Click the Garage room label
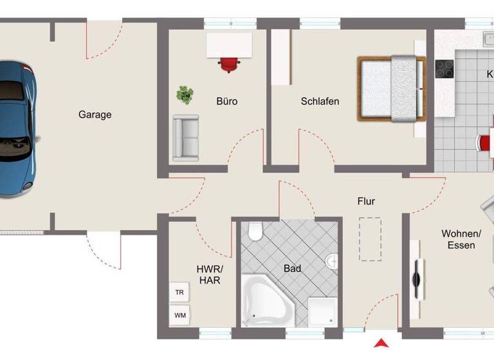pyautogui.click(x=95, y=115)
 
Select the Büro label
pyautogui.click(x=226, y=102)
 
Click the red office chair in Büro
pyautogui.click(x=229, y=64)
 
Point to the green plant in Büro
pyautogui.click(x=185, y=95)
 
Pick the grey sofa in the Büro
pyautogui.click(x=185, y=138)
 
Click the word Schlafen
pyautogui.click(x=320, y=102)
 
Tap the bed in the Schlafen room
pyautogui.click(x=392, y=89)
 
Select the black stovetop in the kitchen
pyautogui.click(x=444, y=69)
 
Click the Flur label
pyautogui.click(x=366, y=201)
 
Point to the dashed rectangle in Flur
pyautogui.click(x=370, y=239)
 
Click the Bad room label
pyautogui.click(x=293, y=269)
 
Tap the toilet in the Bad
pyautogui.click(x=255, y=231)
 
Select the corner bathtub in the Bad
pyautogui.click(x=265, y=300)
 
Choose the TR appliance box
pyautogui.click(x=179, y=292)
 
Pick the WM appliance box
pyautogui.click(x=179, y=315)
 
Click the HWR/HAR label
pyautogui.click(x=210, y=274)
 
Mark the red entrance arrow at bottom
pyautogui.click(x=382, y=343)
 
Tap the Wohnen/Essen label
pyautogui.click(x=458, y=239)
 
